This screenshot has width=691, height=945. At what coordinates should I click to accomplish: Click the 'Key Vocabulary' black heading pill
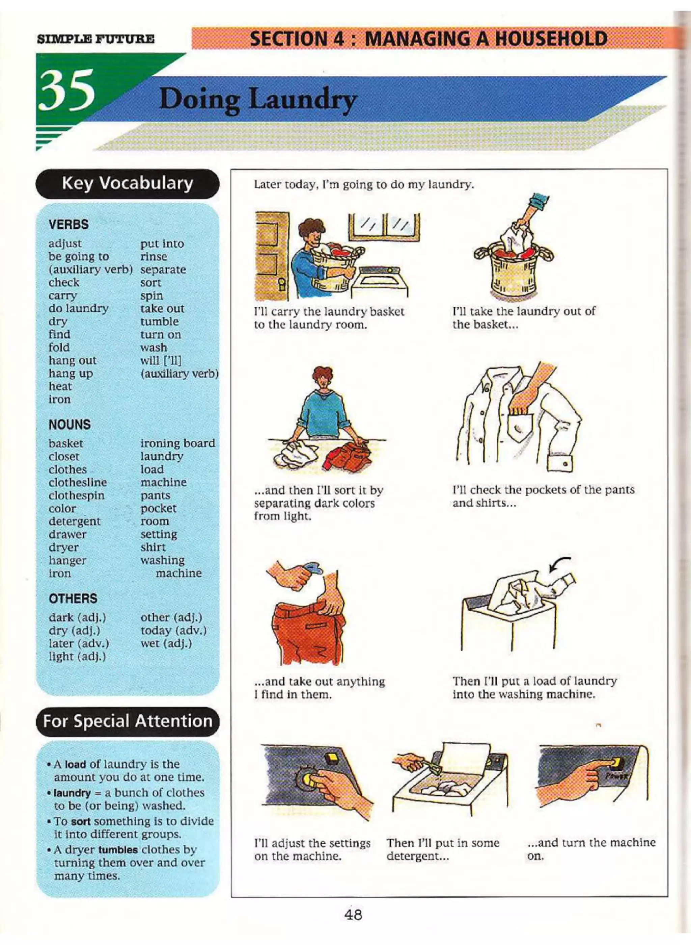(x=127, y=183)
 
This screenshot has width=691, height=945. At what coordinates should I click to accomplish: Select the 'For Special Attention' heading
(x=127, y=721)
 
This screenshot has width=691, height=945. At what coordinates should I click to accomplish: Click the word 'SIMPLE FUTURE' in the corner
(x=95, y=40)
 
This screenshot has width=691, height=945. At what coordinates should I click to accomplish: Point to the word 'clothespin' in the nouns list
(x=76, y=495)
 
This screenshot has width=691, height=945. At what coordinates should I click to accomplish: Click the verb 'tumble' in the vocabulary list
(x=159, y=322)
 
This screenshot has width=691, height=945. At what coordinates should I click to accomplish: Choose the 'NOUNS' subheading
(x=70, y=425)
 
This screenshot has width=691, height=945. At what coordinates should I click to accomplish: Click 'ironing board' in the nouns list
(x=177, y=443)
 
